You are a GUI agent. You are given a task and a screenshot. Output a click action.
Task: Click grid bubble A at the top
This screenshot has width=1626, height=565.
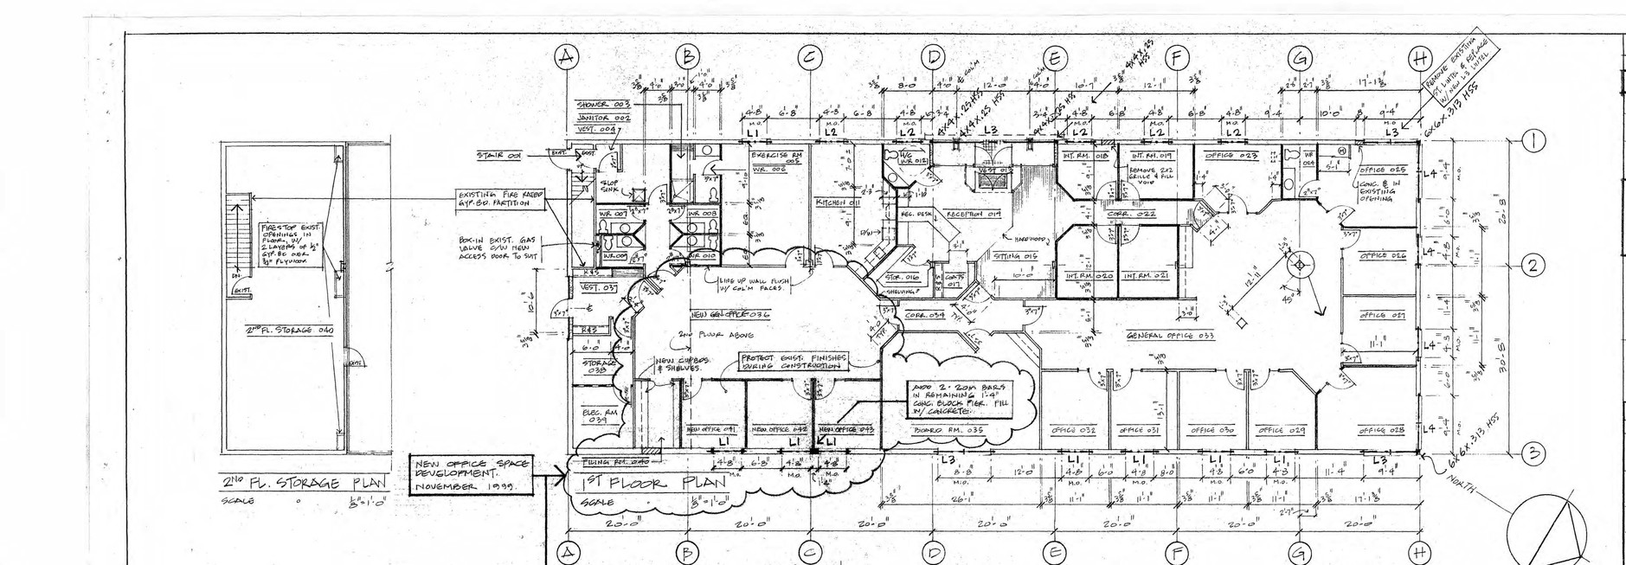[565, 57]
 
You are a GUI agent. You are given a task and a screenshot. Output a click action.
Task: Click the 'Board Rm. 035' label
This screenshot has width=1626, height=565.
[937, 430]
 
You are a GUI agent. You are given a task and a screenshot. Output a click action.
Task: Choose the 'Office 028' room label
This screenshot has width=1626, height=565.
[1381, 430]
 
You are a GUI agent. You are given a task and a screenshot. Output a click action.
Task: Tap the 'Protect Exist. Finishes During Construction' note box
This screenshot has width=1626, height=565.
[793, 361]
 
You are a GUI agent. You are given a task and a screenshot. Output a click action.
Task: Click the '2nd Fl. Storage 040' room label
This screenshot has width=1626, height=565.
[291, 330]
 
